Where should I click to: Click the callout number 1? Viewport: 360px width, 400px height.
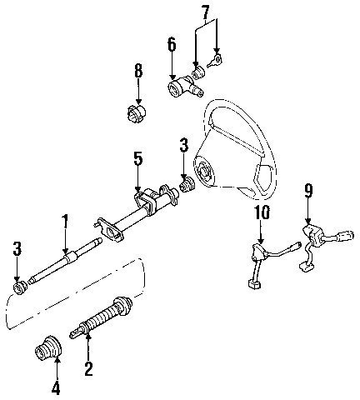click(64, 224)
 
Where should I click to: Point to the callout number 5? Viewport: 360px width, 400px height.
click(137, 159)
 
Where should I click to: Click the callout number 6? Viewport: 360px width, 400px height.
click(172, 44)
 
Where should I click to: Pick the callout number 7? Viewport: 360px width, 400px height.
click(205, 12)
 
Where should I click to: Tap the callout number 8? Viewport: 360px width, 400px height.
click(138, 71)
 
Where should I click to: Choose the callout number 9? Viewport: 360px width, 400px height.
click(308, 191)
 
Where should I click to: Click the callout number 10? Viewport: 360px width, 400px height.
click(261, 212)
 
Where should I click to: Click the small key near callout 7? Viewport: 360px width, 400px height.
click(216, 61)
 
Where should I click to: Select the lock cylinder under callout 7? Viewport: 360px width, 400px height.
click(198, 73)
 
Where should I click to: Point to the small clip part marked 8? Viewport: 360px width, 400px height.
click(137, 114)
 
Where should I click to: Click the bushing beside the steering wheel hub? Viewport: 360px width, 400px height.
click(187, 184)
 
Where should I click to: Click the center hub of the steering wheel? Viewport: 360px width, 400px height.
click(205, 172)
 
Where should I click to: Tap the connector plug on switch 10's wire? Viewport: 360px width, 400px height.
click(254, 284)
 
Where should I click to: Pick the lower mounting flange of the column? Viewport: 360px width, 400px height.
click(109, 229)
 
